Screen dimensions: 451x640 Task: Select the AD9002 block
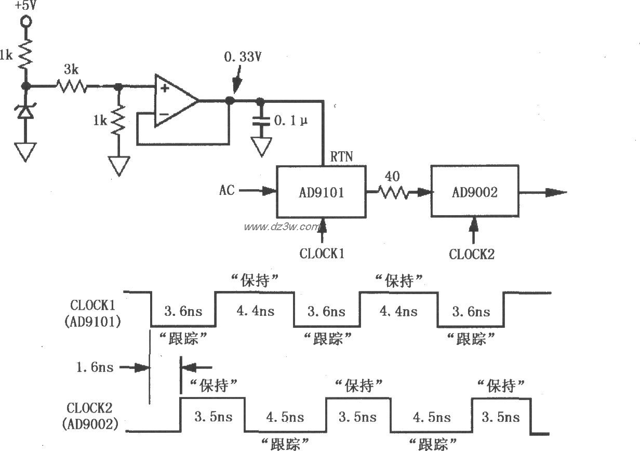point(474,192)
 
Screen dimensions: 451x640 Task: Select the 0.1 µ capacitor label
point(290,121)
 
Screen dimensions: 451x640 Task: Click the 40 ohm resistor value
point(392,177)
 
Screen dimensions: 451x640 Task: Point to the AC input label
point(226,191)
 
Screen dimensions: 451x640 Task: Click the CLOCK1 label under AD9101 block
point(322,254)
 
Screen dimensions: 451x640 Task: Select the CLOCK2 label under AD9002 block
point(472,254)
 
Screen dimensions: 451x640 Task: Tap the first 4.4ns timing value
point(255,311)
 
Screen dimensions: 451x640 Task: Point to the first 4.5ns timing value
point(285,417)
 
